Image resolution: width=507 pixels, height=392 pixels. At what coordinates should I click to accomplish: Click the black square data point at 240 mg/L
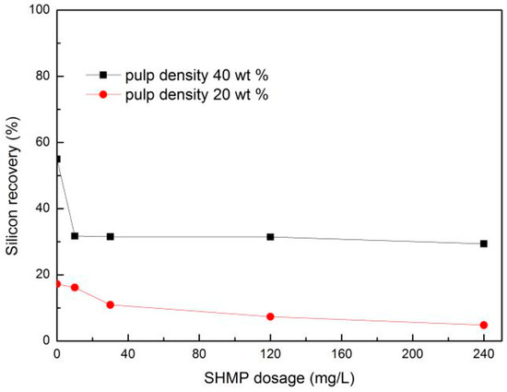[x=484, y=244]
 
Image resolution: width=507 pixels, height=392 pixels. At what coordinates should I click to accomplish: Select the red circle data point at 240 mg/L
[x=484, y=325]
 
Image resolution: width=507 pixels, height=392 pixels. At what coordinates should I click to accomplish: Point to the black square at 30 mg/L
[x=110, y=236]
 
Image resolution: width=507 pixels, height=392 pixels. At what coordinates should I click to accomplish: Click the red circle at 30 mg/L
[x=110, y=304]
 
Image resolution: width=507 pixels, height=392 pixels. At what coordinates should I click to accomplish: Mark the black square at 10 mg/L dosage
[x=75, y=236]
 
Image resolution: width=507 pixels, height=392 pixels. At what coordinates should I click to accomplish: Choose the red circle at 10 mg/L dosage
[x=75, y=287]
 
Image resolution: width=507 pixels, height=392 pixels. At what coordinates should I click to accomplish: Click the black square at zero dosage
[x=57, y=159]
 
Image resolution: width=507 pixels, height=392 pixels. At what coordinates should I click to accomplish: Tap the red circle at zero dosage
[x=57, y=283]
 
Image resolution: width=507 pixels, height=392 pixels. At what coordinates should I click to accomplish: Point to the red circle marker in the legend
[x=104, y=93]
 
